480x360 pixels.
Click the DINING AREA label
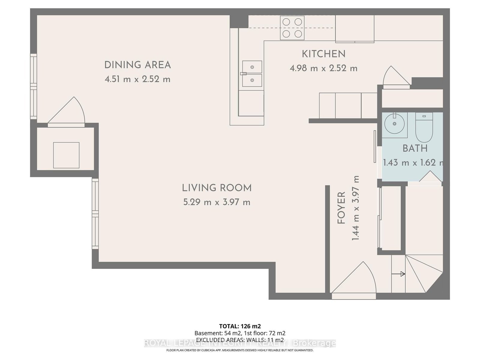click(137, 65)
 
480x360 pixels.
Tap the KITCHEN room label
click(323, 54)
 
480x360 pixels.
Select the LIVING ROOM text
click(217, 188)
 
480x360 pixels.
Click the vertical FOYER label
click(341, 208)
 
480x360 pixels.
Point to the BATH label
click(415, 148)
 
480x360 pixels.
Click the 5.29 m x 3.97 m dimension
click(217, 202)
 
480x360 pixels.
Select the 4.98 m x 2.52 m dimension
click(323, 68)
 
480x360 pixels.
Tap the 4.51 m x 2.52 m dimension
click(137, 79)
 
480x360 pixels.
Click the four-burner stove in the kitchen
click(292, 28)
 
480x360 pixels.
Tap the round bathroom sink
click(394, 123)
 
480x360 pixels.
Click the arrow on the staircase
click(399, 274)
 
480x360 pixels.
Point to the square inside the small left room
click(66, 155)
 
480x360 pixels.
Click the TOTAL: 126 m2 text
click(240, 326)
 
